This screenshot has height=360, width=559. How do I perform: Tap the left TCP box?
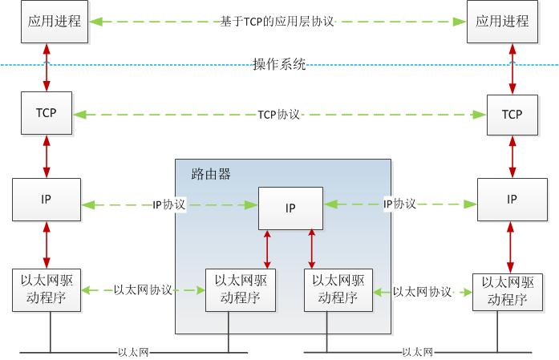pyautogui.click(x=46, y=113)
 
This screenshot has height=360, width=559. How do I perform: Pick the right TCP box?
pyautogui.click(x=512, y=115)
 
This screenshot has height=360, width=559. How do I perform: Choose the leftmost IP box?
pyautogui.click(x=46, y=200)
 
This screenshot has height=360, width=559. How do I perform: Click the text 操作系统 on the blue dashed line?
pyautogui.click(x=280, y=65)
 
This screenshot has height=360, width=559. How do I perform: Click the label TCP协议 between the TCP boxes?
pyautogui.click(x=279, y=115)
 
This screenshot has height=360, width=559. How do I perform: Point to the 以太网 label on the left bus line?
pyautogui.click(x=134, y=351)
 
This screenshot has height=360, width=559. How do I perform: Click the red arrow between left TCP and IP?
pyautogui.click(x=46, y=156)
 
